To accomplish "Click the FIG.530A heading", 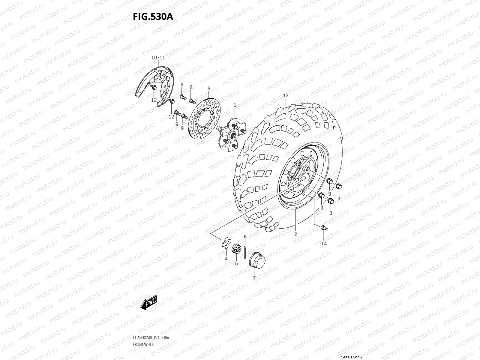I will coord(153,17).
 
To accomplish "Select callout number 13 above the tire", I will coord(286,95).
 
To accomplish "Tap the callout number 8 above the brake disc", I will coord(209,88).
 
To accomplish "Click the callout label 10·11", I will coord(158,57).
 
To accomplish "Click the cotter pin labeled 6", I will coord(245,251).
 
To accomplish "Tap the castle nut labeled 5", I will coord(236,250).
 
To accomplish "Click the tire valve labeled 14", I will coord(323,228).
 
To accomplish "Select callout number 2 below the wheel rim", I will coord(295,234).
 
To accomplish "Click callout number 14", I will coord(324,244).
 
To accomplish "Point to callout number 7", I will coord(254,278).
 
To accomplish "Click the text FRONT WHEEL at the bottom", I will coord(144,344).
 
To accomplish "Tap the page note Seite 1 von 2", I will coord(352,357).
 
